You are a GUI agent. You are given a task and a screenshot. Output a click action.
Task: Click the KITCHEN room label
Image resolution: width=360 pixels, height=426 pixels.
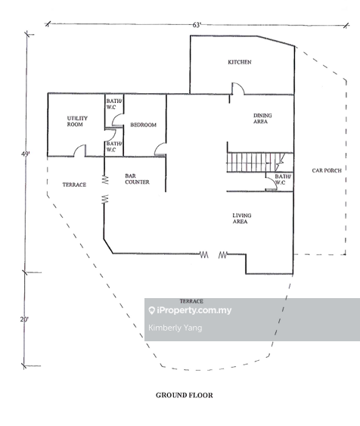pyautogui.click(x=240, y=62)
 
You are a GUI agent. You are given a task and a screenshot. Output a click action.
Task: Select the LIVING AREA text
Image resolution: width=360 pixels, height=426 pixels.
pyautogui.click(x=241, y=219)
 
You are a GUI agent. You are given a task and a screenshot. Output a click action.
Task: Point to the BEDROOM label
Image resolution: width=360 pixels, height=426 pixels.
pyautogui.click(x=143, y=124)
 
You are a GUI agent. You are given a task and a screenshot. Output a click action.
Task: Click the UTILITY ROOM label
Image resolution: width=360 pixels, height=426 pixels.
pyautogui.click(x=75, y=121)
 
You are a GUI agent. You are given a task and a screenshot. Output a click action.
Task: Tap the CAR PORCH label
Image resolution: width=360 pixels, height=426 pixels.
pyautogui.click(x=327, y=171)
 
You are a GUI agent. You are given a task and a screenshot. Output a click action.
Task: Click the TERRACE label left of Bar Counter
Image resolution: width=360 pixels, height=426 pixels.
pyautogui.click(x=74, y=185)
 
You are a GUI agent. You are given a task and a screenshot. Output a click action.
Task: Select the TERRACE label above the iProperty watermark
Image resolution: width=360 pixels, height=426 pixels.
pyautogui.click(x=191, y=301)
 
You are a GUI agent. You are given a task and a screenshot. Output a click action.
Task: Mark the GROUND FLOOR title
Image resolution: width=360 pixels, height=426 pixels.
pyautogui.click(x=184, y=395)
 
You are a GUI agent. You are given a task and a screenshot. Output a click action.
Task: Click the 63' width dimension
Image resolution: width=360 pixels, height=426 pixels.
pyautogui.click(x=197, y=25)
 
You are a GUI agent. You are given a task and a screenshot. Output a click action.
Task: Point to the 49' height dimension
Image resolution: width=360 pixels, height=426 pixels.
pyautogui.click(x=26, y=154)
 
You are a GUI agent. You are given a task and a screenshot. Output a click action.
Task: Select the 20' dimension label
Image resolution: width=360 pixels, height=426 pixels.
pyautogui.click(x=24, y=319)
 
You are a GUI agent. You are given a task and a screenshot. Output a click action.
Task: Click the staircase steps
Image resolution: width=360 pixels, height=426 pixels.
pyautogui.click(x=250, y=162)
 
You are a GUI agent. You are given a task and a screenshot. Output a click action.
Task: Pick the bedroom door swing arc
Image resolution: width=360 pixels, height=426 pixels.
pyautogui.click(x=160, y=150)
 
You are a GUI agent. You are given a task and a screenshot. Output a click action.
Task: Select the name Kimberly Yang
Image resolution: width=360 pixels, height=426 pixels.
pyautogui.click(x=176, y=328)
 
